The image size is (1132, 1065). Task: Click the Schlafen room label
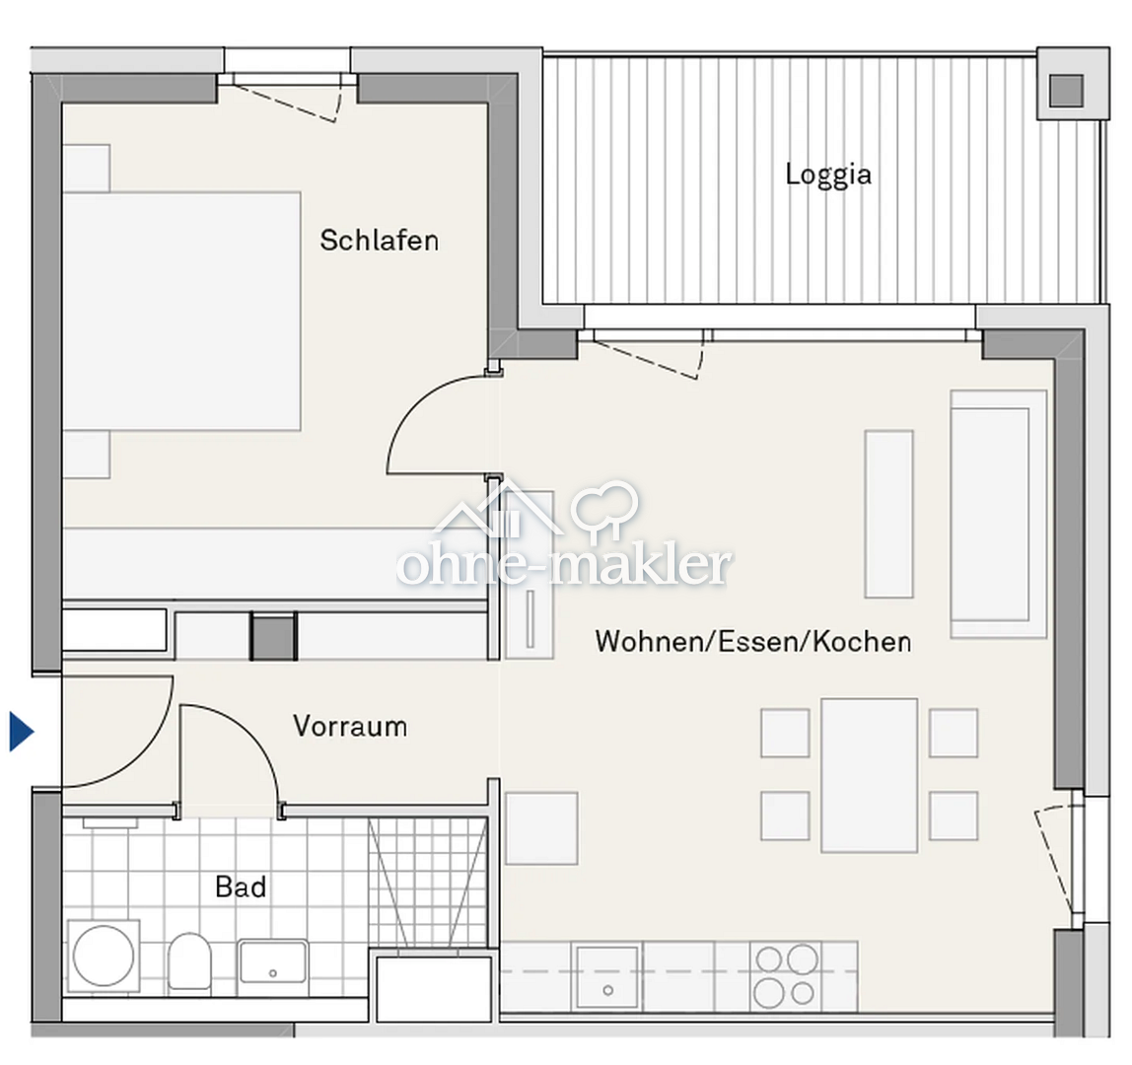pos(379,241)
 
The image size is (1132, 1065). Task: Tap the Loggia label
pos(828,175)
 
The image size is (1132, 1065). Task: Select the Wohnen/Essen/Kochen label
pos(752,642)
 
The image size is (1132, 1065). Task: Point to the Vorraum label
pos(349,727)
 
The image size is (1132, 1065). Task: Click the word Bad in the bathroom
pos(241,887)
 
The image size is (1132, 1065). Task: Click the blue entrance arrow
pos(22,733)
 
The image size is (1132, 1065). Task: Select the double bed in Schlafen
pos(182,311)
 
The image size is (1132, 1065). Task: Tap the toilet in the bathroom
pos(188,960)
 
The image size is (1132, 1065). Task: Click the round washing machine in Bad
pos(104,955)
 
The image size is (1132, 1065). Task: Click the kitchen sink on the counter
pos(607,976)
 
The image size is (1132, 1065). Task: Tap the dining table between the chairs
pos(869,774)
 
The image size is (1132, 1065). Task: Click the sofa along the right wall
pos(997,513)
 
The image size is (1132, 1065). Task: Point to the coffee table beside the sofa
pos(888,514)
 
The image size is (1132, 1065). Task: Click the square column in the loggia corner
pos(1065,91)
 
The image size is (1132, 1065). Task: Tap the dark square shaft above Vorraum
pos(273,636)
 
